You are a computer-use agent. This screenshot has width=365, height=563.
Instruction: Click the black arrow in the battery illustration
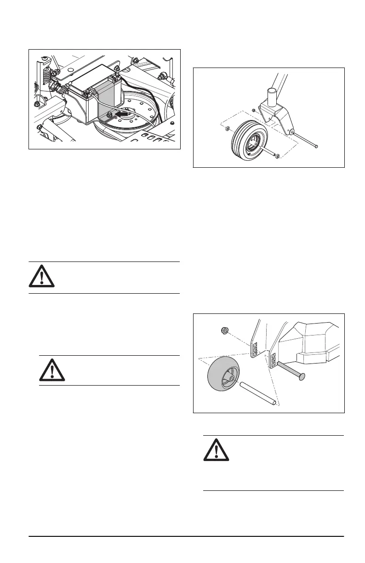click(121, 112)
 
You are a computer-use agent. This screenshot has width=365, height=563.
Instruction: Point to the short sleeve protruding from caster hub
click(269, 153)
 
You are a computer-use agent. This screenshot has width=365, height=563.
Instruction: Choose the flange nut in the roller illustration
click(225, 330)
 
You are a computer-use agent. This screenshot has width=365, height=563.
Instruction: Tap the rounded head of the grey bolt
click(302, 377)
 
